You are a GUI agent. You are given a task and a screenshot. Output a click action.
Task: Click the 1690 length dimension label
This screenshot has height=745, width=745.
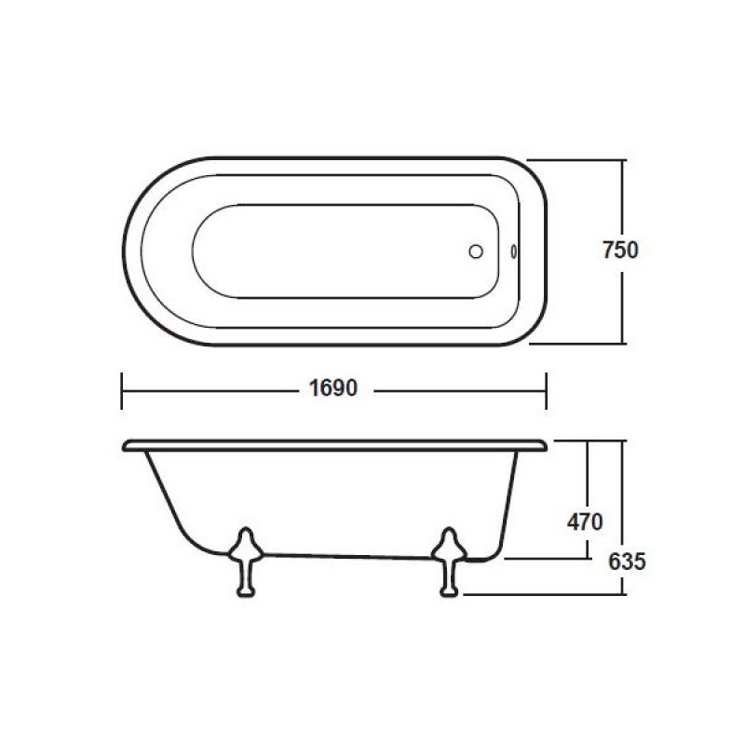tap(333, 388)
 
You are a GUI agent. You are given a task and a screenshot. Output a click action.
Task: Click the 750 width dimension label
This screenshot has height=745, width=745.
tap(620, 251)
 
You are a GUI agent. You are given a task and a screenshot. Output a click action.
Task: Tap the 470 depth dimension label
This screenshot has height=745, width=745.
tap(585, 522)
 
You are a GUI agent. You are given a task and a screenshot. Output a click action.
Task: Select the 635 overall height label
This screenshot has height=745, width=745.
tap(627, 562)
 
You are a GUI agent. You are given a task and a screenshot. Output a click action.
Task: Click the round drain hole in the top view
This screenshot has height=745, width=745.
tap(476, 251)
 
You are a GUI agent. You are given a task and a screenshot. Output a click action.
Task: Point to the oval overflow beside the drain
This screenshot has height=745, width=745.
tap(514, 251)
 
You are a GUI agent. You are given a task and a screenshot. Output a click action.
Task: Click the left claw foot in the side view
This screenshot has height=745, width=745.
tap(246, 562)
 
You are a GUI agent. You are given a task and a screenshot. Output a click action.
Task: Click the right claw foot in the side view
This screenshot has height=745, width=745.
tap(449, 562)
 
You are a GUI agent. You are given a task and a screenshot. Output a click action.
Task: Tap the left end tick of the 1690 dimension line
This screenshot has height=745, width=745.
tap(122, 391)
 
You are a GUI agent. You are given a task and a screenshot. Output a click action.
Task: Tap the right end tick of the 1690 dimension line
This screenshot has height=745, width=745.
tap(547, 391)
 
